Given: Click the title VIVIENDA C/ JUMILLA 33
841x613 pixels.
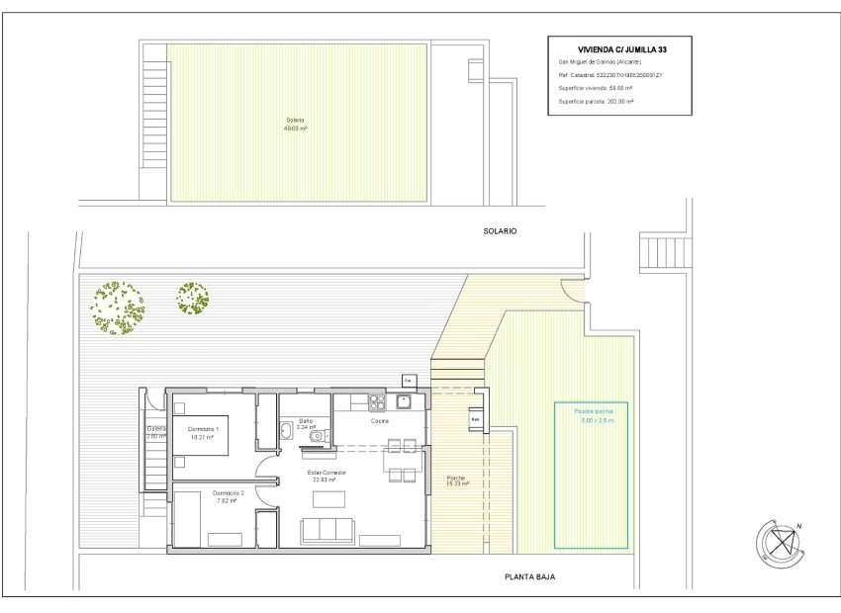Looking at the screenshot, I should (619, 48).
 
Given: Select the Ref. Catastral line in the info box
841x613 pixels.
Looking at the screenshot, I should (610, 75).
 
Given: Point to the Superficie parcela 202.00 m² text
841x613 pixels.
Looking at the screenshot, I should (596, 101).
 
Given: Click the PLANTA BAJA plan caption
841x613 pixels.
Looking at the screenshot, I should (529, 577).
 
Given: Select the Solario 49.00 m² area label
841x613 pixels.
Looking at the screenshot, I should (295, 125).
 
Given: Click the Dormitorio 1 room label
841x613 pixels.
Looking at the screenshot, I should (203, 433).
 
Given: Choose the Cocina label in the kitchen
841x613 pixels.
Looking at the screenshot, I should (380, 421).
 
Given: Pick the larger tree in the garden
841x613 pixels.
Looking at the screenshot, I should (116, 306).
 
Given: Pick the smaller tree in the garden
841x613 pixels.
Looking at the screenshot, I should (192, 298).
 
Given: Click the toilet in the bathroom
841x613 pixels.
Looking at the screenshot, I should (316, 436).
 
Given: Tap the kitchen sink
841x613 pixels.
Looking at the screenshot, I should (403, 401).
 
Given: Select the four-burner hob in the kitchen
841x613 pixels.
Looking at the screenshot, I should (375, 402).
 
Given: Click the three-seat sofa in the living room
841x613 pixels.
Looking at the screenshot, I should (327, 532).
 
